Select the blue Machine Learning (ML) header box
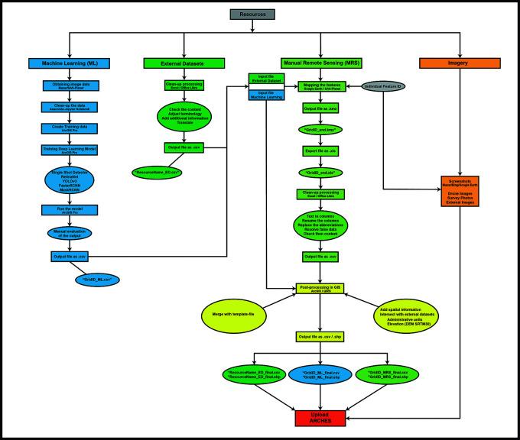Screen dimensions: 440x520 tap(70, 62)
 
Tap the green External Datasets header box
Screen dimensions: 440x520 tap(184, 62)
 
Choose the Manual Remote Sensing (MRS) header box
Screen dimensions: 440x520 tap(322, 62)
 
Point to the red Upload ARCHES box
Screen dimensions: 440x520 tap(322, 418)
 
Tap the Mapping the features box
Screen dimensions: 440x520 tap(322, 88)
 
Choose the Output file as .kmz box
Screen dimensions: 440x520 tap(322, 110)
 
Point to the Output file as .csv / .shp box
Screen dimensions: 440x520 tap(322, 336)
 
